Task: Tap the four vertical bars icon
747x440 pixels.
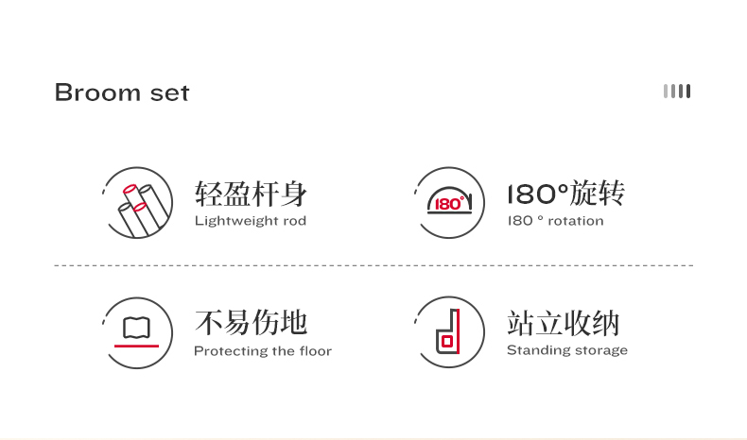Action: tap(677, 91)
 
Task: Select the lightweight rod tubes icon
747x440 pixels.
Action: tap(138, 203)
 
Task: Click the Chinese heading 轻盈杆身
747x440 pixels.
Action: tap(252, 194)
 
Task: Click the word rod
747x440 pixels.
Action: tap(294, 221)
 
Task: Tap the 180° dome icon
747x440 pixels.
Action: tap(449, 202)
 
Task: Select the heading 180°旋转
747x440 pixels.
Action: tap(566, 194)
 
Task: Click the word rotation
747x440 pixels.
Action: tap(575, 221)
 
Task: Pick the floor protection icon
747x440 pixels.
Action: tap(137, 332)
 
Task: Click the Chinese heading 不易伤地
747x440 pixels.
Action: tap(252, 323)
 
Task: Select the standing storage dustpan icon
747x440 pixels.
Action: tap(449, 332)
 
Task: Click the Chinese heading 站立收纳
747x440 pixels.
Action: tap(564, 323)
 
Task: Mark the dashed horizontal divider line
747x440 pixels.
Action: tap(373, 265)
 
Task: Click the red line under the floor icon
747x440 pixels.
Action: tap(137, 347)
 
